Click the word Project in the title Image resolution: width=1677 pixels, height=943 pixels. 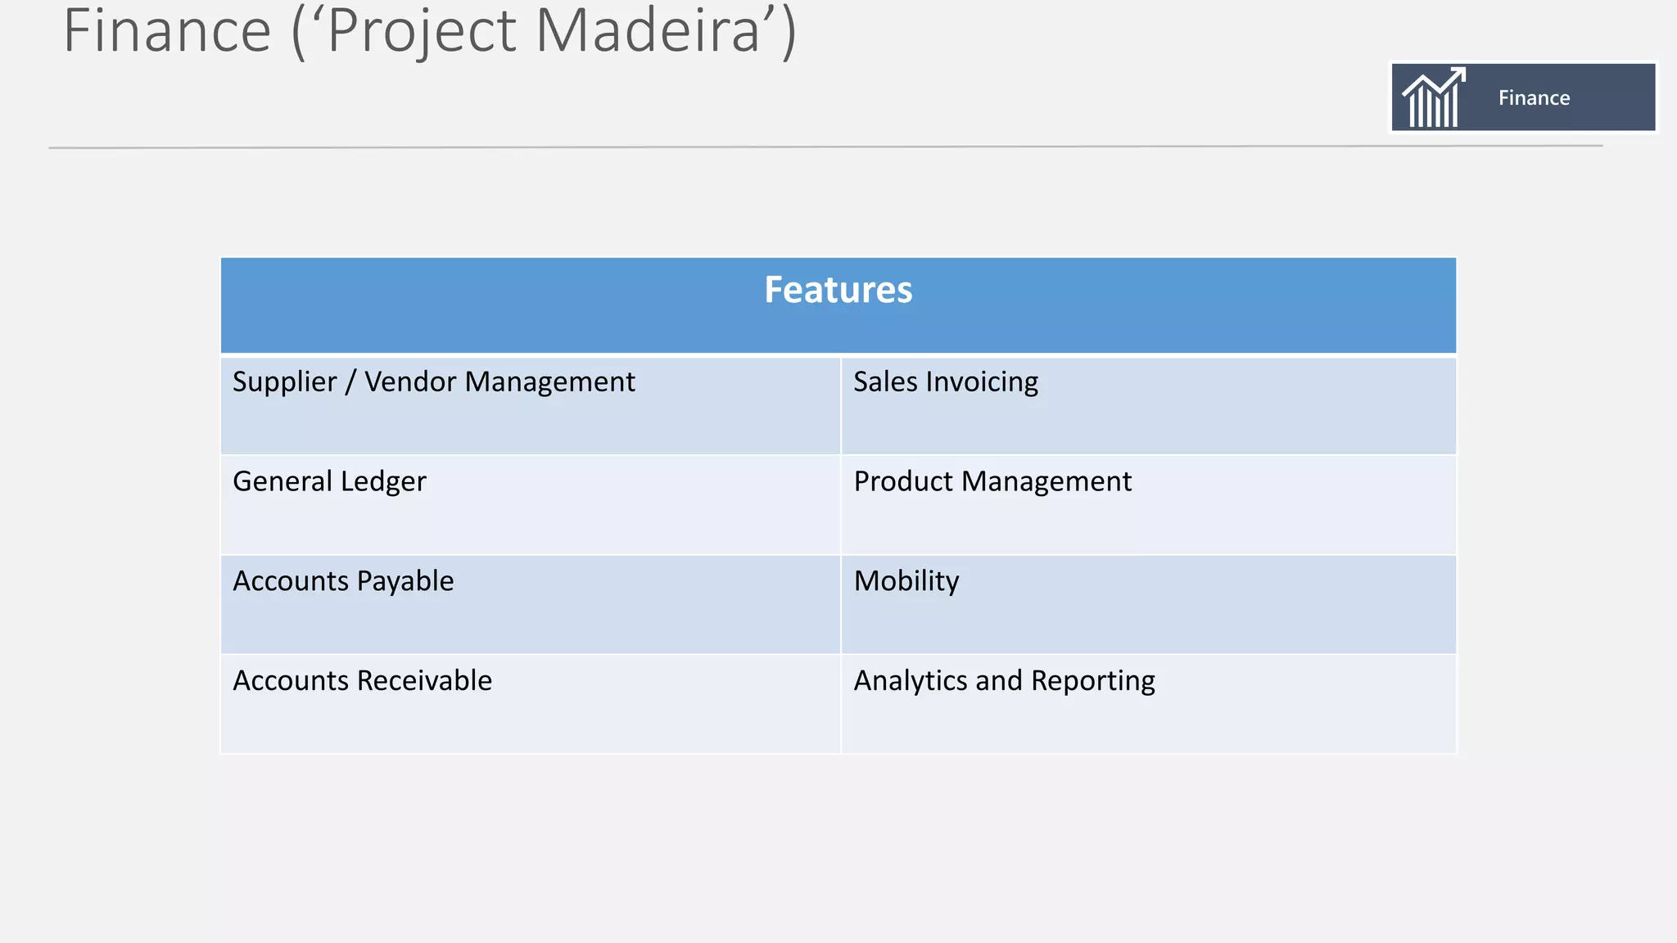point(422,31)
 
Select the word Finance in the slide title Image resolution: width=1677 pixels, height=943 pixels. point(167,31)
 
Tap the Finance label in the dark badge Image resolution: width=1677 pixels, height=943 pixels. point(1534,98)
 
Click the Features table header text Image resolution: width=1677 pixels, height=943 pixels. point(838,290)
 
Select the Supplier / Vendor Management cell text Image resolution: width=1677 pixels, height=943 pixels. point(433,382)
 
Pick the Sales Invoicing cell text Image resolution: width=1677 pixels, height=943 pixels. point(945,382)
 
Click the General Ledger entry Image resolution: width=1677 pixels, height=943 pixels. point(329,481)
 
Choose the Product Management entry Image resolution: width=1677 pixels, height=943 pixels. point(992,481)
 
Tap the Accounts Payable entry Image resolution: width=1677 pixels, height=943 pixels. point(343,581)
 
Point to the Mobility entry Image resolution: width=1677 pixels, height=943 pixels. point(906,581)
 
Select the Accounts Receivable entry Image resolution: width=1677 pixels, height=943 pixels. point(362,681)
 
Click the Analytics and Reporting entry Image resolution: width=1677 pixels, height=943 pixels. point(1004,681)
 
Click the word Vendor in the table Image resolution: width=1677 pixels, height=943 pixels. point(411,382)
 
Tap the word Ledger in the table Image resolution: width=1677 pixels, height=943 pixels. point(383,481)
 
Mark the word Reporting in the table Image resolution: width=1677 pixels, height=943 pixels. point(1092,681)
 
